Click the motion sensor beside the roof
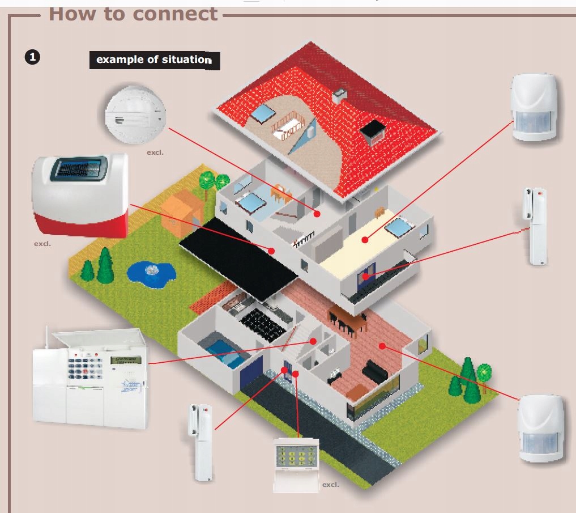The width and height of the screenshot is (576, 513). tap(534, 107)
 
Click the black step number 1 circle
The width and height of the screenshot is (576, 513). tap(34, 57)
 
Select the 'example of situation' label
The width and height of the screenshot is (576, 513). tap(154, 60)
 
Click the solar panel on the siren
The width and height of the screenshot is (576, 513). tap(79, 169)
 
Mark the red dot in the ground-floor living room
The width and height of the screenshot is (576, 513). tap(382, 345)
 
